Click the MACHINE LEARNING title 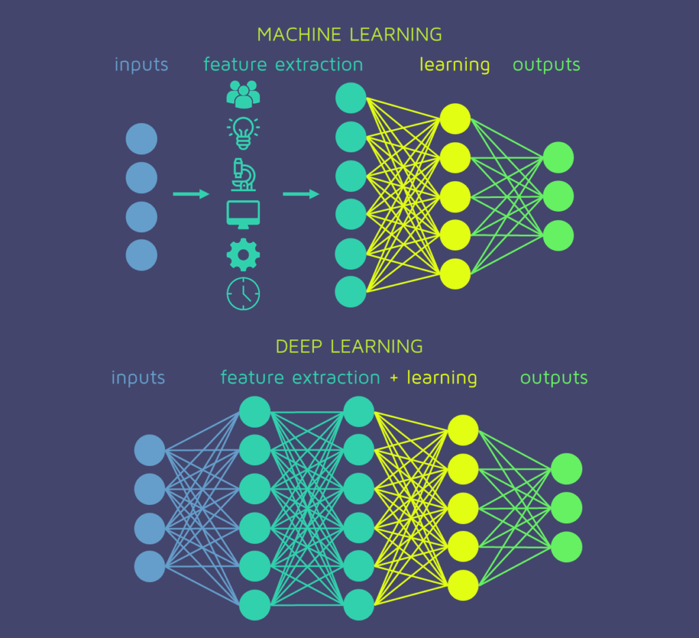tap(349, 34)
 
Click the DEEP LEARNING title tap(349, 346)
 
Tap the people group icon tap(243, 94)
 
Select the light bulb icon tap(243, 133)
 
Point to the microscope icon tap(243, 174)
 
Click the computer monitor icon tap(243, 214)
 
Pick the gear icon tap(243, 255)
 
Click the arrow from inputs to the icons tap(191, 195)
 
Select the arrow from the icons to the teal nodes tap(301, 195)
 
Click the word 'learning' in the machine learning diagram tap(455, 66)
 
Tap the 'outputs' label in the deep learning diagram tap(554, 378)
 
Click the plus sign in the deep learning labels tap(394, 378)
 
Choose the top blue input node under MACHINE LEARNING tap(141, 139)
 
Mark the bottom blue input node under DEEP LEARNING tap(150, 566)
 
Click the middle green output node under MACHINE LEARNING tap(558, 197)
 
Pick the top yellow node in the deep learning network tap(463, 430)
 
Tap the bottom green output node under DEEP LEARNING tap(567, 546)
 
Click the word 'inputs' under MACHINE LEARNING tap(141, 66)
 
